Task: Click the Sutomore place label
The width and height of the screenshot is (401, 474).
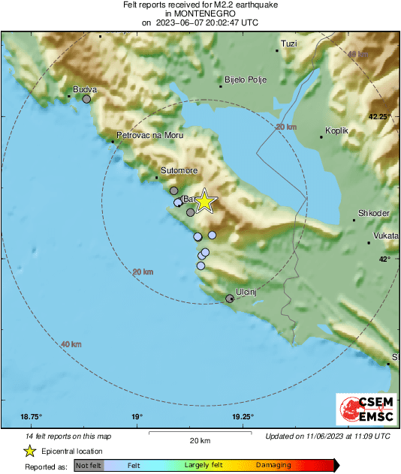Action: pyautogui.click(x=177, y=171)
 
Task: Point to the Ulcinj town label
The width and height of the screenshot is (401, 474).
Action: pyautogui.click(x=246, y=291)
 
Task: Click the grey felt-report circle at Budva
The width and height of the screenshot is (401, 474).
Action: pyautogui.click(x=86, y=99)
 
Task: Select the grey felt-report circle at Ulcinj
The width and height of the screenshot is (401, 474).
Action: pyautogui.click(x=231, y=299)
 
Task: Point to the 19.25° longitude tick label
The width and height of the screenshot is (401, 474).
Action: pyautogui.click(x=243, y=417)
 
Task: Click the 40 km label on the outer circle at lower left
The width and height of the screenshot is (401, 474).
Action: pyautogui.click(x=71, y=344)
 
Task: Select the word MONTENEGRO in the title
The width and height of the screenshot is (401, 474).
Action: pyautogui.click(x=200, y=13)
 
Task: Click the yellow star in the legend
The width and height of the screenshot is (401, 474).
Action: pyautogui.click(x=29, y=451)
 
